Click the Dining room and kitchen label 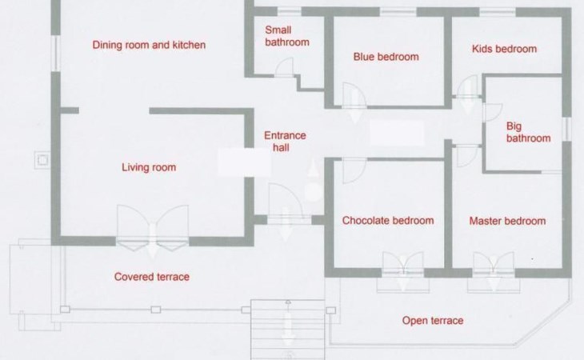point(149,45)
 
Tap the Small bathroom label point(286,36)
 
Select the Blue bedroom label point(386,57)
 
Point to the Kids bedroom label point(504,49)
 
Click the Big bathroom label point(528,132)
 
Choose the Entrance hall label point(285,142)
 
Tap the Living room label point(149,167)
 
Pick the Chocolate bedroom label point(388,220)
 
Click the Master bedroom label point(507,221)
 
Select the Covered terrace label point(151,277)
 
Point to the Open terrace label point(433,321)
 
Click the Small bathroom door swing point(284,67)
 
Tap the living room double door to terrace point(153,226)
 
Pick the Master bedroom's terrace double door point(494,265)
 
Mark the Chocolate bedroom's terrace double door point(403,265)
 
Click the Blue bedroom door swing point(354,95)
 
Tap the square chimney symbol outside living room point(42,160)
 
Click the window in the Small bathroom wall point(290,11)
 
